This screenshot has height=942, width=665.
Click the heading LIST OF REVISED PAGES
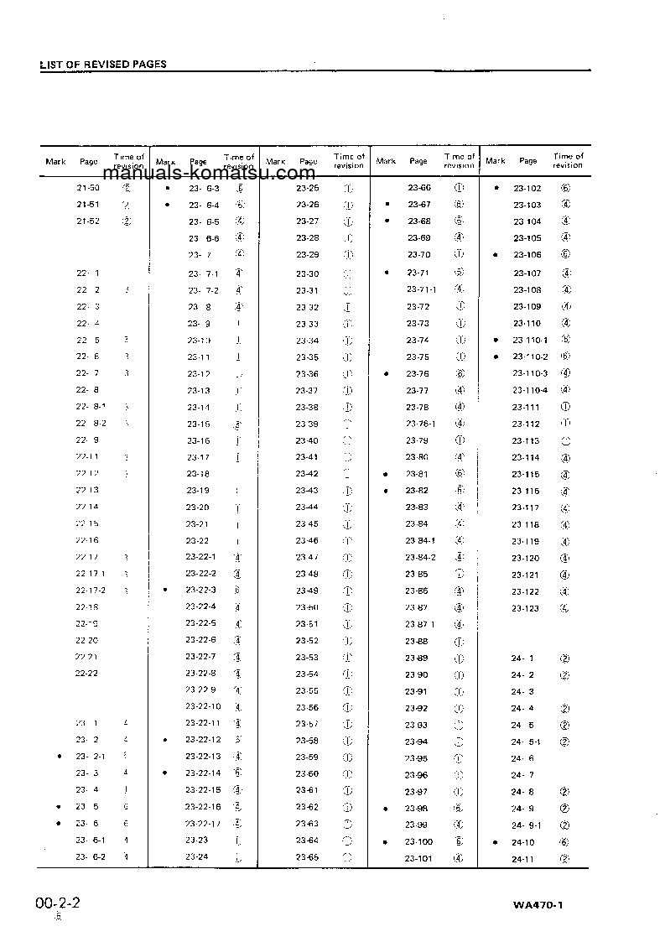(x=103, y=65)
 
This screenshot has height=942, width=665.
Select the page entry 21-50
(x=88, y=188)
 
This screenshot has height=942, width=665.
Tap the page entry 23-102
(x=527, y=189)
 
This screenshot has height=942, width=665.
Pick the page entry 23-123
(x=526, y=608)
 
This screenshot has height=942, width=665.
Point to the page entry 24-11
(x=522, y=859)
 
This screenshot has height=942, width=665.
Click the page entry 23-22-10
(x=203, y=706)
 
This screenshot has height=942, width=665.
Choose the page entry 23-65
(x=307, y=857)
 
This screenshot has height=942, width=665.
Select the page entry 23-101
(x=418, y=857)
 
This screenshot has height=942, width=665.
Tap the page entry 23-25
(x=307, y=188)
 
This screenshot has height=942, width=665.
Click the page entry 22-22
(x=87, y=674)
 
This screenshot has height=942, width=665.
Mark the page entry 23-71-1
(x=421, y=289)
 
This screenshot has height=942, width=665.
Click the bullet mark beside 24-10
(x=496, y=842)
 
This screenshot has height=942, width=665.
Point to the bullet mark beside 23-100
(x=386, y=842)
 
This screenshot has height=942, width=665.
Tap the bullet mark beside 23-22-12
(x=165, y=740)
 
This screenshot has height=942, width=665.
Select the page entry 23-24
(x=197, y=856)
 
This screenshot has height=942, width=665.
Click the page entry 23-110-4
(x=530, y=390)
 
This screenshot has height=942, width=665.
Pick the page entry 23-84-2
(x=421, y=557)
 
